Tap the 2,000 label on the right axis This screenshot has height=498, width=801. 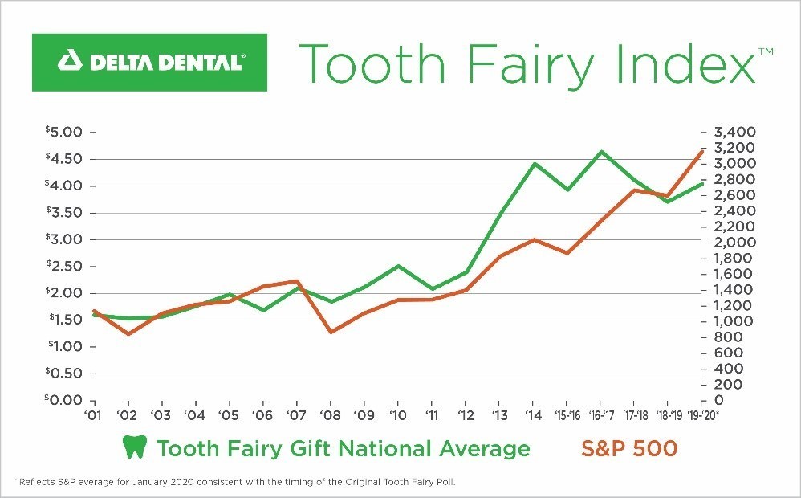(x=732, y=243)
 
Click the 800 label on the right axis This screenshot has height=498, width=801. (x=724, y=337)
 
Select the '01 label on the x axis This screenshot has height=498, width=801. (x=94, y=415)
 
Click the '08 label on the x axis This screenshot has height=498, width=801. (x=330, y=415)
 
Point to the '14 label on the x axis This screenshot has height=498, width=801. (x=532, y=415)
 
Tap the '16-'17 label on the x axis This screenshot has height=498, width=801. (x=600, y=415)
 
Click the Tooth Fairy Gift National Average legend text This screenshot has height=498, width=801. (x=344, y=448)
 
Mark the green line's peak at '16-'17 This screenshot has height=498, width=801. (x=600, y=151)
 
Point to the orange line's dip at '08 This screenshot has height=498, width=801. (x=331, y=332)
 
